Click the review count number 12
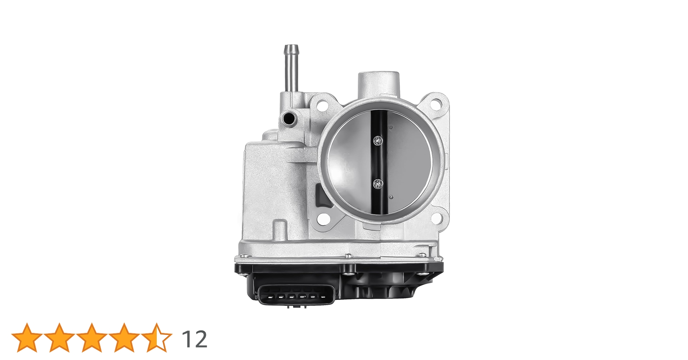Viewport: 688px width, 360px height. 195,339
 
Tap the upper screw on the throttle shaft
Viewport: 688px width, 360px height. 378,140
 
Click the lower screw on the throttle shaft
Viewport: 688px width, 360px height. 378,184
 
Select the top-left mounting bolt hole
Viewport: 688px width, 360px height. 322,105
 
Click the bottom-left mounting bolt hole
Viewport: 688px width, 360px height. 323,218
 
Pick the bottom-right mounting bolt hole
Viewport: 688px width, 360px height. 436,217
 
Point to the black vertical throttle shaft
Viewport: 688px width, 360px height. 378,162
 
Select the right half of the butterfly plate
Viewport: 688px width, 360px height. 407,162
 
